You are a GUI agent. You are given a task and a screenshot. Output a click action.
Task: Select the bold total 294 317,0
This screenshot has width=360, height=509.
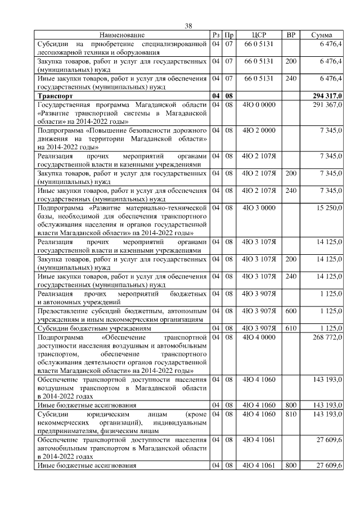(x=327, y=97)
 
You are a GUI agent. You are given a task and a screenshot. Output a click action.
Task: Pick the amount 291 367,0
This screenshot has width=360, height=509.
(x=327, y=105)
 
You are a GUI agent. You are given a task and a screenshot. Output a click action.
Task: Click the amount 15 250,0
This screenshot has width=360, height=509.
(x=329, y=208)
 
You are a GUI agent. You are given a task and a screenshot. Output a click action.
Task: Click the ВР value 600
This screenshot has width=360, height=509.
(x=291, y=310)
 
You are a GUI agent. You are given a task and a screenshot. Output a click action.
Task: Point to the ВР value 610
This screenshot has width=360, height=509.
(x=291, y=328)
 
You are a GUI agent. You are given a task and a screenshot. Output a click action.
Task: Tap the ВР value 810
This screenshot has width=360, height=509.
(x=291, y=415)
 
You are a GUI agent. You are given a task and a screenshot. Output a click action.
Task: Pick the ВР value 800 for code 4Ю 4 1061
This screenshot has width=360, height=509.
(x=291, y=466)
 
